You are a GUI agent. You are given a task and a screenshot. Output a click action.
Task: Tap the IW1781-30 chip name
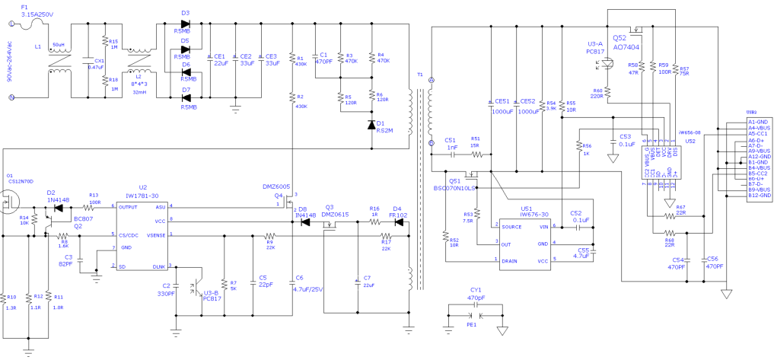[x=142, y=195]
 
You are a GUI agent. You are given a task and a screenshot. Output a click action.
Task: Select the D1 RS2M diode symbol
[x=372, y=123]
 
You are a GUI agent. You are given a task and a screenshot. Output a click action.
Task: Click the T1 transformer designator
[x=420, y=75]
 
